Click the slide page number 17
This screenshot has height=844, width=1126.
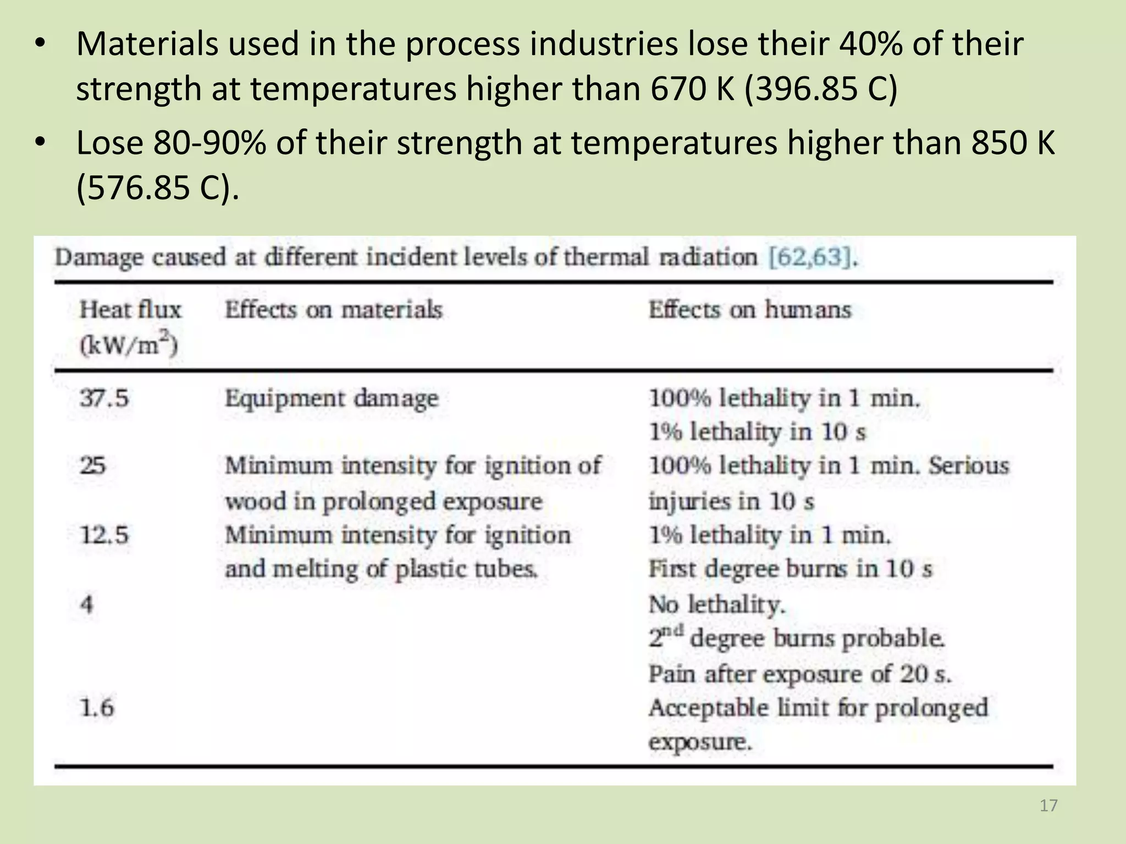(x=1048, y=806)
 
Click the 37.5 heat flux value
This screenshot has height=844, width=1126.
(x=104, y=398)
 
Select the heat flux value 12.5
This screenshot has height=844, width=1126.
(x=104, y=535)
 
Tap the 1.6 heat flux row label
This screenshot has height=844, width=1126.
(x=97, y=707)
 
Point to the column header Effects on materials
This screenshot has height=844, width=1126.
(x=333, y=310)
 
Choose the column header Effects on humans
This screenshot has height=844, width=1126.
(x=749, y=310)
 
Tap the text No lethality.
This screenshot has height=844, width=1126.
(x=717, y=604)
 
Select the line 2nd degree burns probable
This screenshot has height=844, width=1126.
(x=797, y=638)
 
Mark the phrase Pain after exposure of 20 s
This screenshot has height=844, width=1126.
(x=799, y=674)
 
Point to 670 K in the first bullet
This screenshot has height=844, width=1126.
(x=693, y=88)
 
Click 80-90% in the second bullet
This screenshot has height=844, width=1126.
(x=209, y=143)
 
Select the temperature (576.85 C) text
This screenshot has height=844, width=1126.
(x=157, y=187)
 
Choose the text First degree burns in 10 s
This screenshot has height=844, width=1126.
(x=790, y=569)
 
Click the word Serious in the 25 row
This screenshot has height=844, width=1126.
(x=969, y=466)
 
